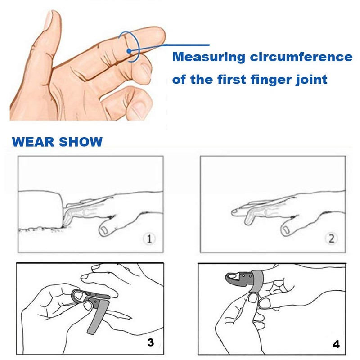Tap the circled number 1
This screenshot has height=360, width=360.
click(x=149, y=238)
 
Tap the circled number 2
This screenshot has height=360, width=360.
click(x=332, y=238)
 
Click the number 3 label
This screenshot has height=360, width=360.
click(x=151, y=342)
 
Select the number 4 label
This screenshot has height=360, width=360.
click(x=336, y=344)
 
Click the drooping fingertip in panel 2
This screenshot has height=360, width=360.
click(x=235, y=211)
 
